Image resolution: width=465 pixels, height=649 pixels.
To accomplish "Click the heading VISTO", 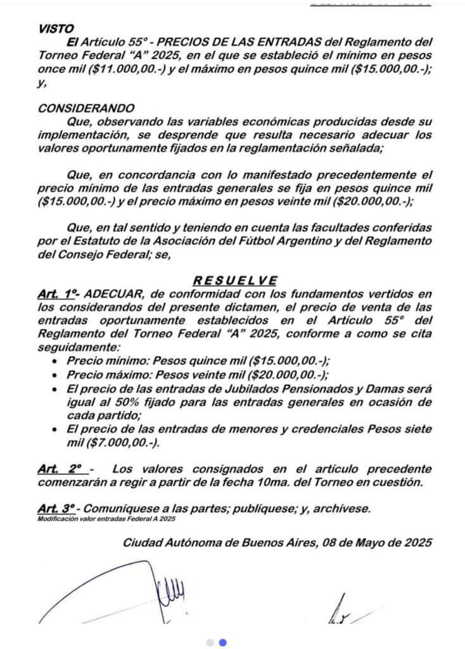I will tap(56, 29).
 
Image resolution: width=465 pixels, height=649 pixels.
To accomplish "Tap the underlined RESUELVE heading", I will tap(234, 281).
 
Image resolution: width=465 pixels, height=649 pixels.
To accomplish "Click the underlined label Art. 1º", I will tap(58, 294).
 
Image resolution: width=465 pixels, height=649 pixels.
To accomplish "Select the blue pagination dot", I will tap(222, 642).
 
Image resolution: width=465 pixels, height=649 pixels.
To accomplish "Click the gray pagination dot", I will tap(210, 642).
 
